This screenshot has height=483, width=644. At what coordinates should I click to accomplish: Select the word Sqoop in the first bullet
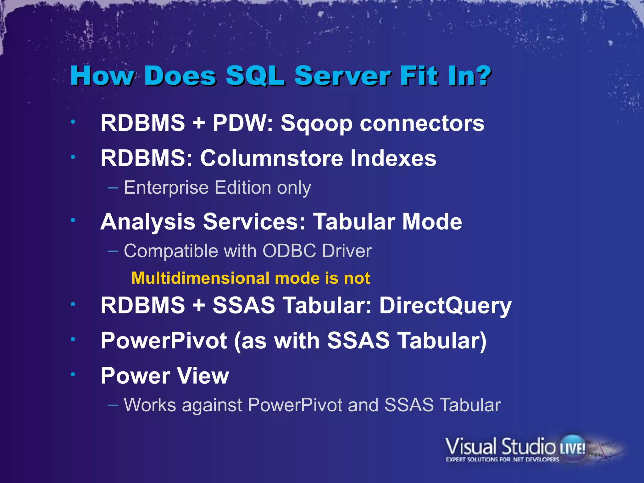316,123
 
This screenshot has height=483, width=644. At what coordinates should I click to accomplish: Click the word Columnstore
272,158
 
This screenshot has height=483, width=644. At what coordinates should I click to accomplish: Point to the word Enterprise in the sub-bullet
166,188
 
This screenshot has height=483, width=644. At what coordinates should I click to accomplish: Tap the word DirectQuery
445,306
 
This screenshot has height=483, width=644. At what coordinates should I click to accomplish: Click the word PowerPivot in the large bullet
164,341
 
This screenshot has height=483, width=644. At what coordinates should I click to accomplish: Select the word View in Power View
203,376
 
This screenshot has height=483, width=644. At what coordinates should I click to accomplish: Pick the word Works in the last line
150,405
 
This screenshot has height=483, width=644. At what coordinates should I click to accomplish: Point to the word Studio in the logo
528,447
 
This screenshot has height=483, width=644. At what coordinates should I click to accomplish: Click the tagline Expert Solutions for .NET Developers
502,459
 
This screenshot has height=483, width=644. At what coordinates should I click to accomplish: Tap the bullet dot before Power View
73,374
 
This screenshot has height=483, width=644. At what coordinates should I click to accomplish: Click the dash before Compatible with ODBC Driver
113,251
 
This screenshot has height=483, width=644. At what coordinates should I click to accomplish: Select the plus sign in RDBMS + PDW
199,123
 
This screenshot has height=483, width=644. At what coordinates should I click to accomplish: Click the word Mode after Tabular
432,222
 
